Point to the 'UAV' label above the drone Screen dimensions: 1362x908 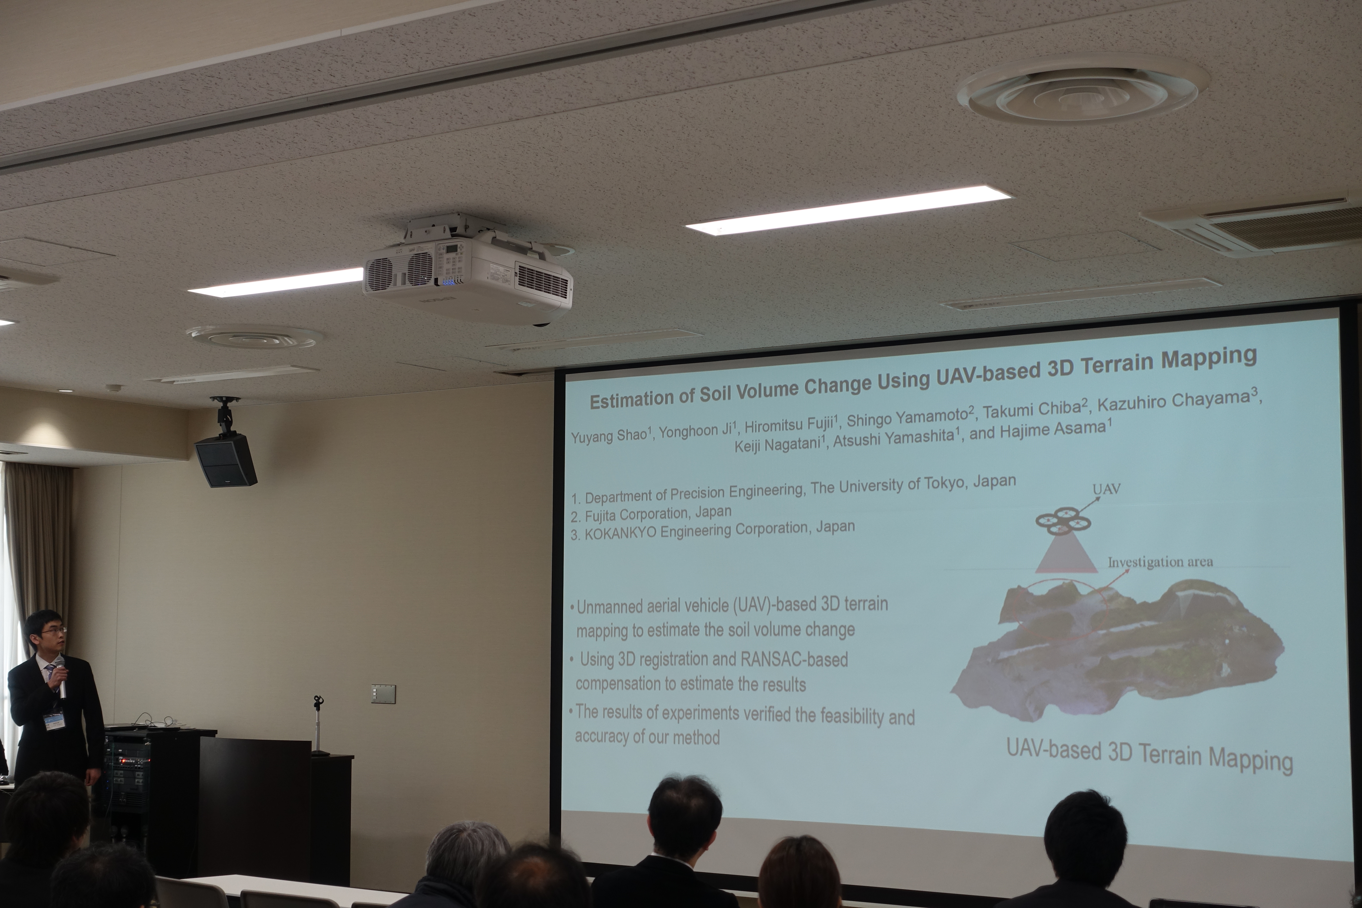pos(1106,489)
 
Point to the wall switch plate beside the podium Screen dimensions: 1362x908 pos(383,694)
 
